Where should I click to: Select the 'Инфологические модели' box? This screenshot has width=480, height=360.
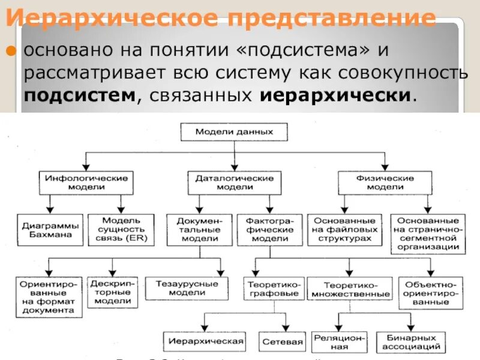[x=87, y=182]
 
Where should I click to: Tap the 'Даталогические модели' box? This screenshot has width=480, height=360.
[x=234, y=182]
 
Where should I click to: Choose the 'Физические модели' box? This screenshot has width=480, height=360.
[x=385, y=182]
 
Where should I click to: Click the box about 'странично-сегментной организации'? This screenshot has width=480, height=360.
[x=428, y=233]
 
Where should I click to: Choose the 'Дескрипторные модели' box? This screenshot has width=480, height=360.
[x=112, y=292]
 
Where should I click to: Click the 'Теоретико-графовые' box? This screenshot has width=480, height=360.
[x=273, y=289]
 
